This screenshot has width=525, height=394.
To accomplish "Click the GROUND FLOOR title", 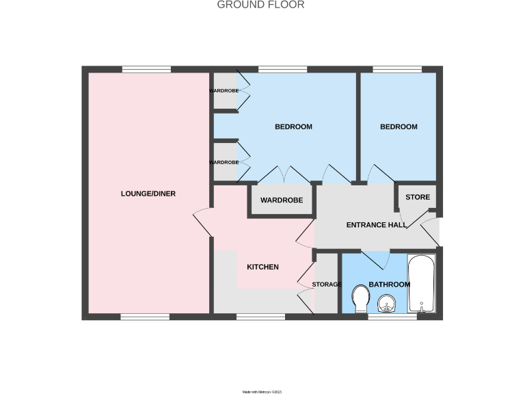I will [260, 5].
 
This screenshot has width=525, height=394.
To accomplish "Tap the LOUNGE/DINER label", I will [148, 194].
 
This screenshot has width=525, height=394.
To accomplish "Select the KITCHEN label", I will [262, 267].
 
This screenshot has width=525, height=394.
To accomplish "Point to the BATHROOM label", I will [389, 285].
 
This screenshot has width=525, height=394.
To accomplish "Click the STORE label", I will [418, 197].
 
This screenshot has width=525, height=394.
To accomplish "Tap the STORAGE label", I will [326, 285].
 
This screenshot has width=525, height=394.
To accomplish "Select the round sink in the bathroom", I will [388, 302].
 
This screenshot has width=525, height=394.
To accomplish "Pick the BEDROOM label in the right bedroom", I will [399, 127].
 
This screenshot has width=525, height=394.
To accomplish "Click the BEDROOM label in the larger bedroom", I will [293, 127].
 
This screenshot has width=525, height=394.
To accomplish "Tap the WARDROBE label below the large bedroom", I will [282, 201].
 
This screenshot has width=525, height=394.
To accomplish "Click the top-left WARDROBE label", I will [224, 90].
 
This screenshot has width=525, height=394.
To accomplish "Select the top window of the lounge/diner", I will [146, 69].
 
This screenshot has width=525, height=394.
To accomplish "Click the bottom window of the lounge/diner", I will [145, 317].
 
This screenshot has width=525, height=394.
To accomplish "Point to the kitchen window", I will [260, 317].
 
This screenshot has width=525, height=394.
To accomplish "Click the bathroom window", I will [392, 317].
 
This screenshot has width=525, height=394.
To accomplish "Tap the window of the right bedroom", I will [397, 69].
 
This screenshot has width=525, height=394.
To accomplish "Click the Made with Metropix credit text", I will [262, 392].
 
